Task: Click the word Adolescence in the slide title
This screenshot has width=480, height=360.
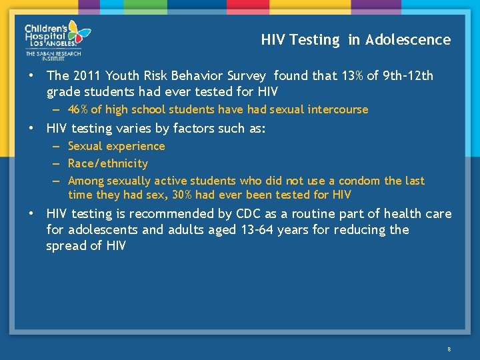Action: click(408, 40)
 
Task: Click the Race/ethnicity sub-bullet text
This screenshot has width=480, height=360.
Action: click(108, 163)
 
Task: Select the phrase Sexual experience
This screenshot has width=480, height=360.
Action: click(116, 146)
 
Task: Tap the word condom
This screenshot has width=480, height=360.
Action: click(359, 181)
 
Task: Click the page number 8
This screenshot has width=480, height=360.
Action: click(449, 349)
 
